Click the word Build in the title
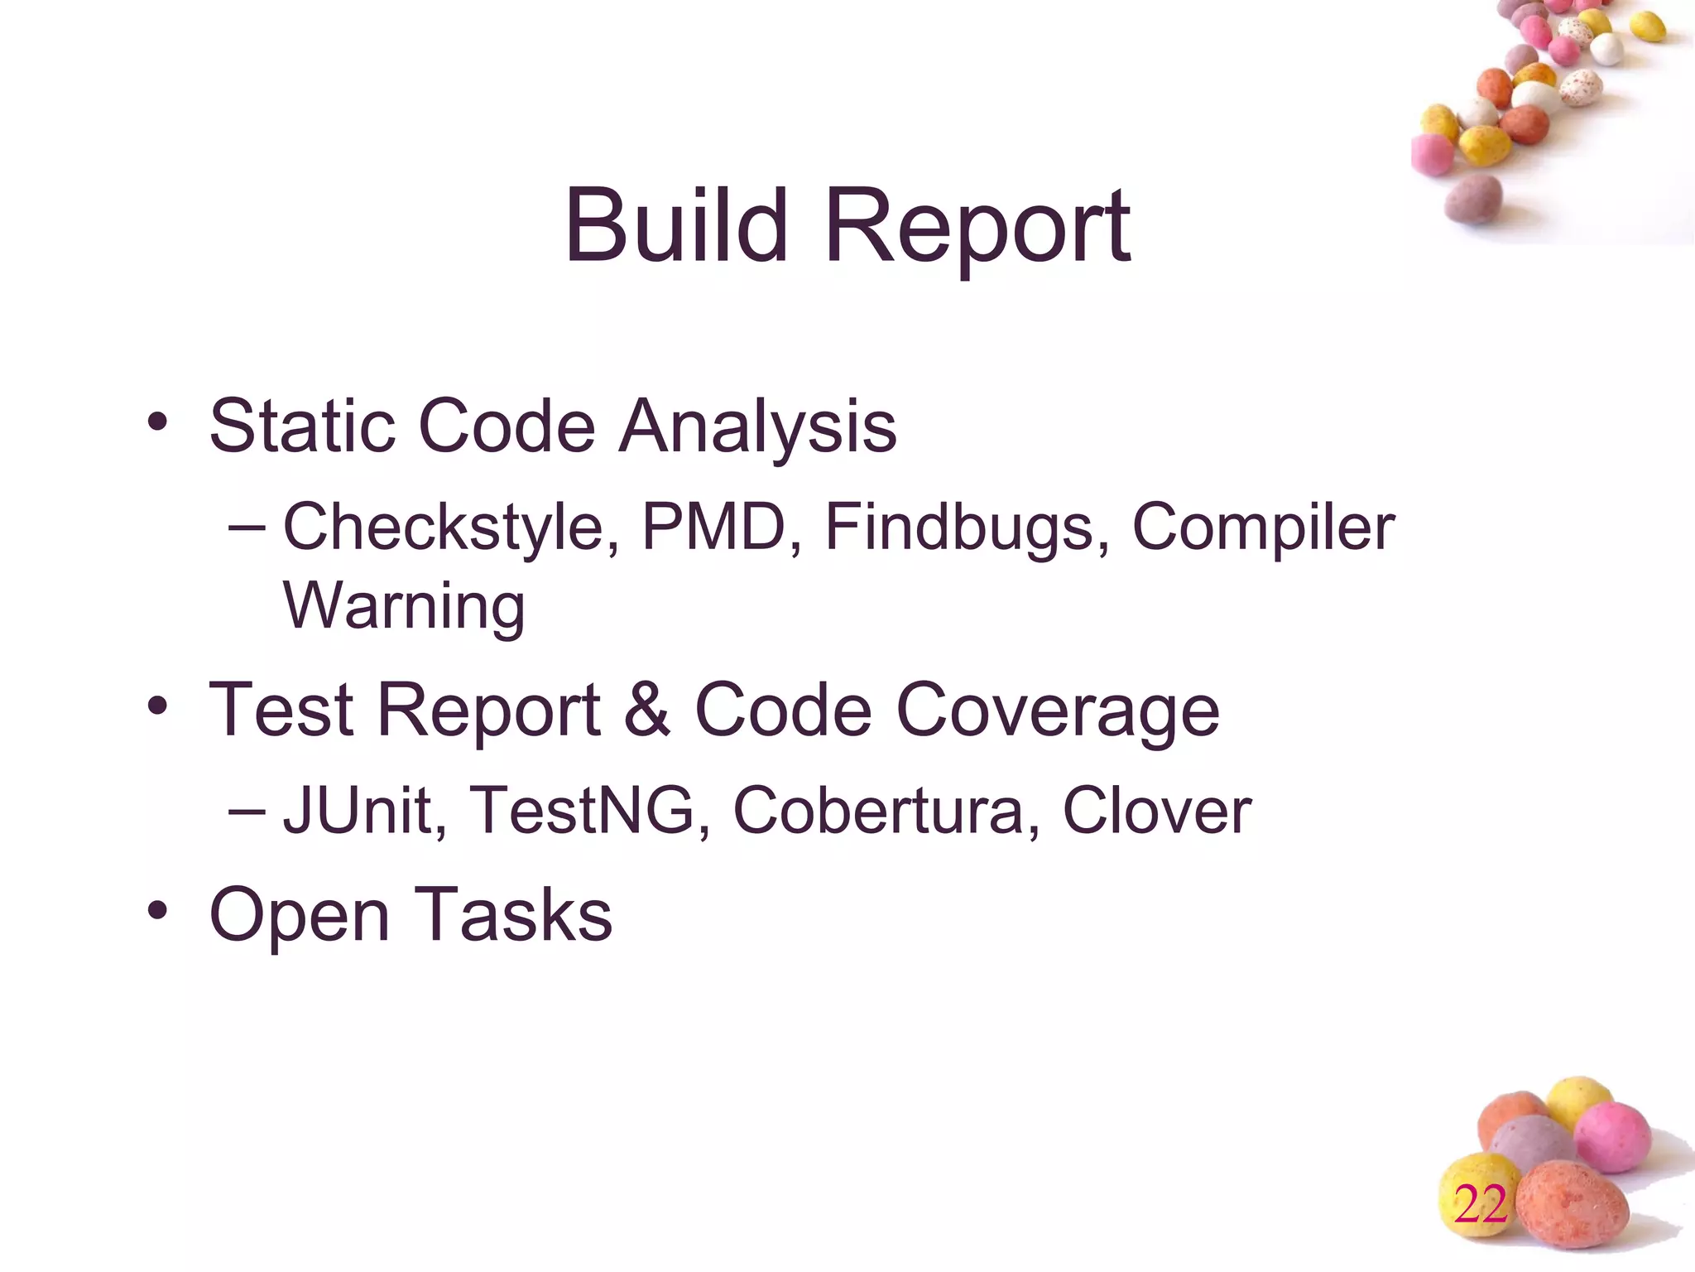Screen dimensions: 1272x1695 tap(675, 225)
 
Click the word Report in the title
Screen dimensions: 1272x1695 tap(977, 230)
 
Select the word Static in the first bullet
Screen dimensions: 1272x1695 tap(302, 426)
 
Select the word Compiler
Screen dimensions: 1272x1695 tap(1263, 528)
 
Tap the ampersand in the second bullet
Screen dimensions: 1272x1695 tap(646, 710)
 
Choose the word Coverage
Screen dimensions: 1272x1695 tap(1058, 713)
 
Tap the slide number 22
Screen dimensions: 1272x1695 tap(1481, 1204)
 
